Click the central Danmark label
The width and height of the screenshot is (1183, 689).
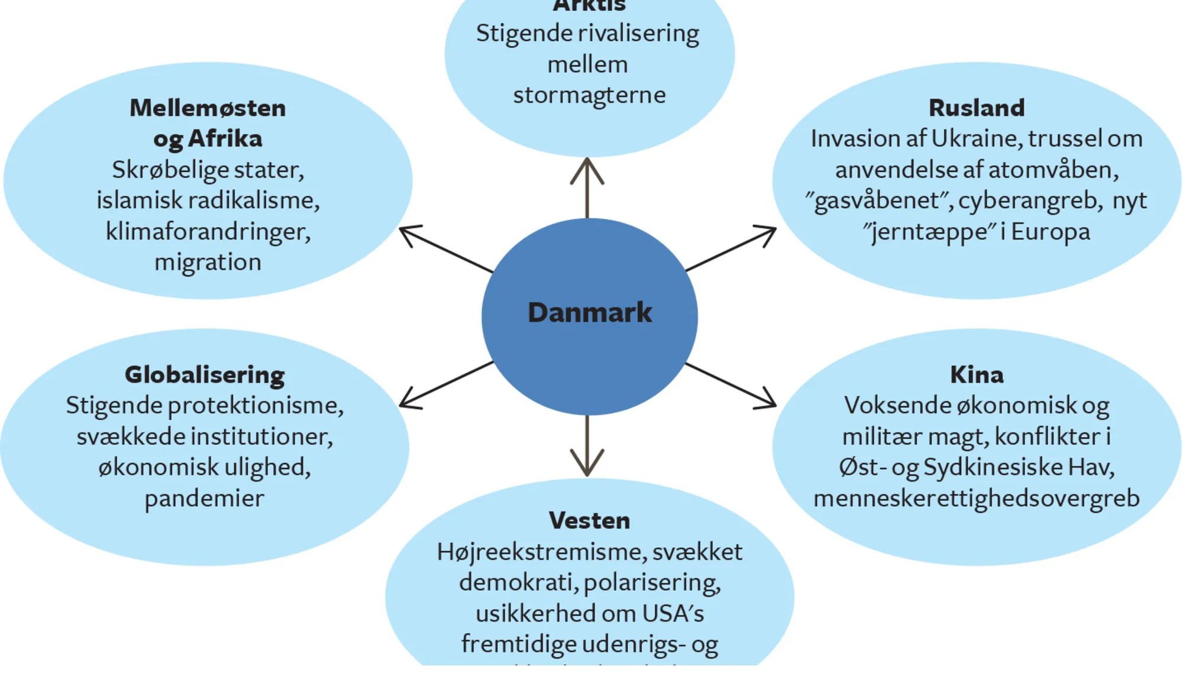(589, 312)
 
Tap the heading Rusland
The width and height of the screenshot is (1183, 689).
(977, 108)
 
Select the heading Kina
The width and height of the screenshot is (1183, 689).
(977, 374)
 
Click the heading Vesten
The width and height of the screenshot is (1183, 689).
(589, 520)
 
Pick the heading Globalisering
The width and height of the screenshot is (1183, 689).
(205, 374)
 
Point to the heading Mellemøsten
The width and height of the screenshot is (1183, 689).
(208, 108)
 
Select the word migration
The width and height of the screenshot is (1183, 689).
(208, 262)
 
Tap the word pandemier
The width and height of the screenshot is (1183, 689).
(205, 499)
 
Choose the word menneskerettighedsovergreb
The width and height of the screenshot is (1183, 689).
(977, 499)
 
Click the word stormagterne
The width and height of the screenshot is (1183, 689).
(589, 95)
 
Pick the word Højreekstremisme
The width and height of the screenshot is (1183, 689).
(541, 552)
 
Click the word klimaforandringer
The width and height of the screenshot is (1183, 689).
(208, 231)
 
